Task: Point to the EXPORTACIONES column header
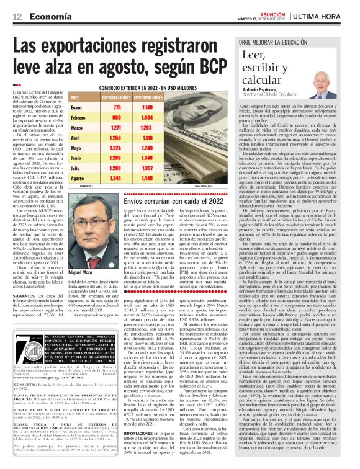pyautogui.click(x=114, y=98)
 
